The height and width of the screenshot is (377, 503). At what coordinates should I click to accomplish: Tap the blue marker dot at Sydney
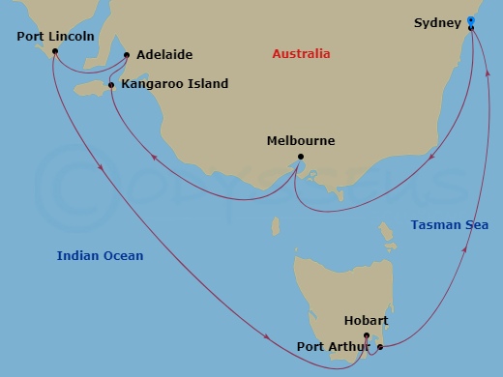(x=470, y=20)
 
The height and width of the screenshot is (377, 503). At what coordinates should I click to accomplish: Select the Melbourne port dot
(x=301, y=158)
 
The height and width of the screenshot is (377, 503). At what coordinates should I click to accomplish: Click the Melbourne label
(x=300, y=141)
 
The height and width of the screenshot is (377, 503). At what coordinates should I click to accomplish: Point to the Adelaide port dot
(x=127, y=55)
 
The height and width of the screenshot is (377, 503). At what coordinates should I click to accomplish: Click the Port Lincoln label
(x=56, y=37)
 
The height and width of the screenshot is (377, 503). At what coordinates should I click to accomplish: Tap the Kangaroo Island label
(x=175, y=84)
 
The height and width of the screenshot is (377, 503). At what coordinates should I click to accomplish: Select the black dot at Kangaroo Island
(x=112, y=86)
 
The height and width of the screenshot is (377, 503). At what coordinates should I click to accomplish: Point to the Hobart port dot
(x=367, y=335)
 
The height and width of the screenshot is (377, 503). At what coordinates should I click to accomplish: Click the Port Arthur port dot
(x=380, y=346)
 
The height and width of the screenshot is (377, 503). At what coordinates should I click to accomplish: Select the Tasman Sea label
(x=449, y=225)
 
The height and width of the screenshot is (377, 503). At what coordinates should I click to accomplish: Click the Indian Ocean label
(x=100, y=256)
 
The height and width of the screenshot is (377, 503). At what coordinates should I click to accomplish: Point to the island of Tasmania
(x=339, y=290)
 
